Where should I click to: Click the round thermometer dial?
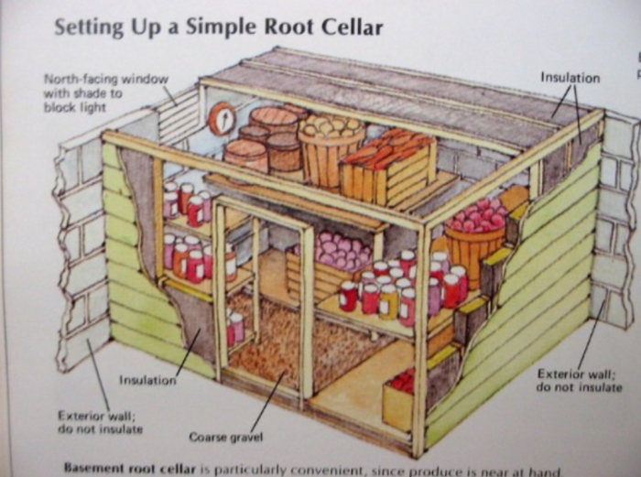(x=223, y=118)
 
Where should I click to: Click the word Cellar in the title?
(x=352, y=27)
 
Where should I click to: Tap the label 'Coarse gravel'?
(x=225, y=437)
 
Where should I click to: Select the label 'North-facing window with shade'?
(x=105, y=93)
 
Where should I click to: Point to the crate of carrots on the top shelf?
(x=388, y=168)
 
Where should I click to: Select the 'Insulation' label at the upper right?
(x=570, y=78)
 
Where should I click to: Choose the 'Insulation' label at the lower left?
(x=147, y=380)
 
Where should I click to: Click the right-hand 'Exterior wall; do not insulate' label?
(x=579, y=381)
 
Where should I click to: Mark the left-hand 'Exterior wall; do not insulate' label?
(x=100, y=422)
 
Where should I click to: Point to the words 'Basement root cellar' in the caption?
(x=130, y=468)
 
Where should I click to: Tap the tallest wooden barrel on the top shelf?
(x=273, y=123)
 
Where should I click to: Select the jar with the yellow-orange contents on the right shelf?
(x=387, y=302)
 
